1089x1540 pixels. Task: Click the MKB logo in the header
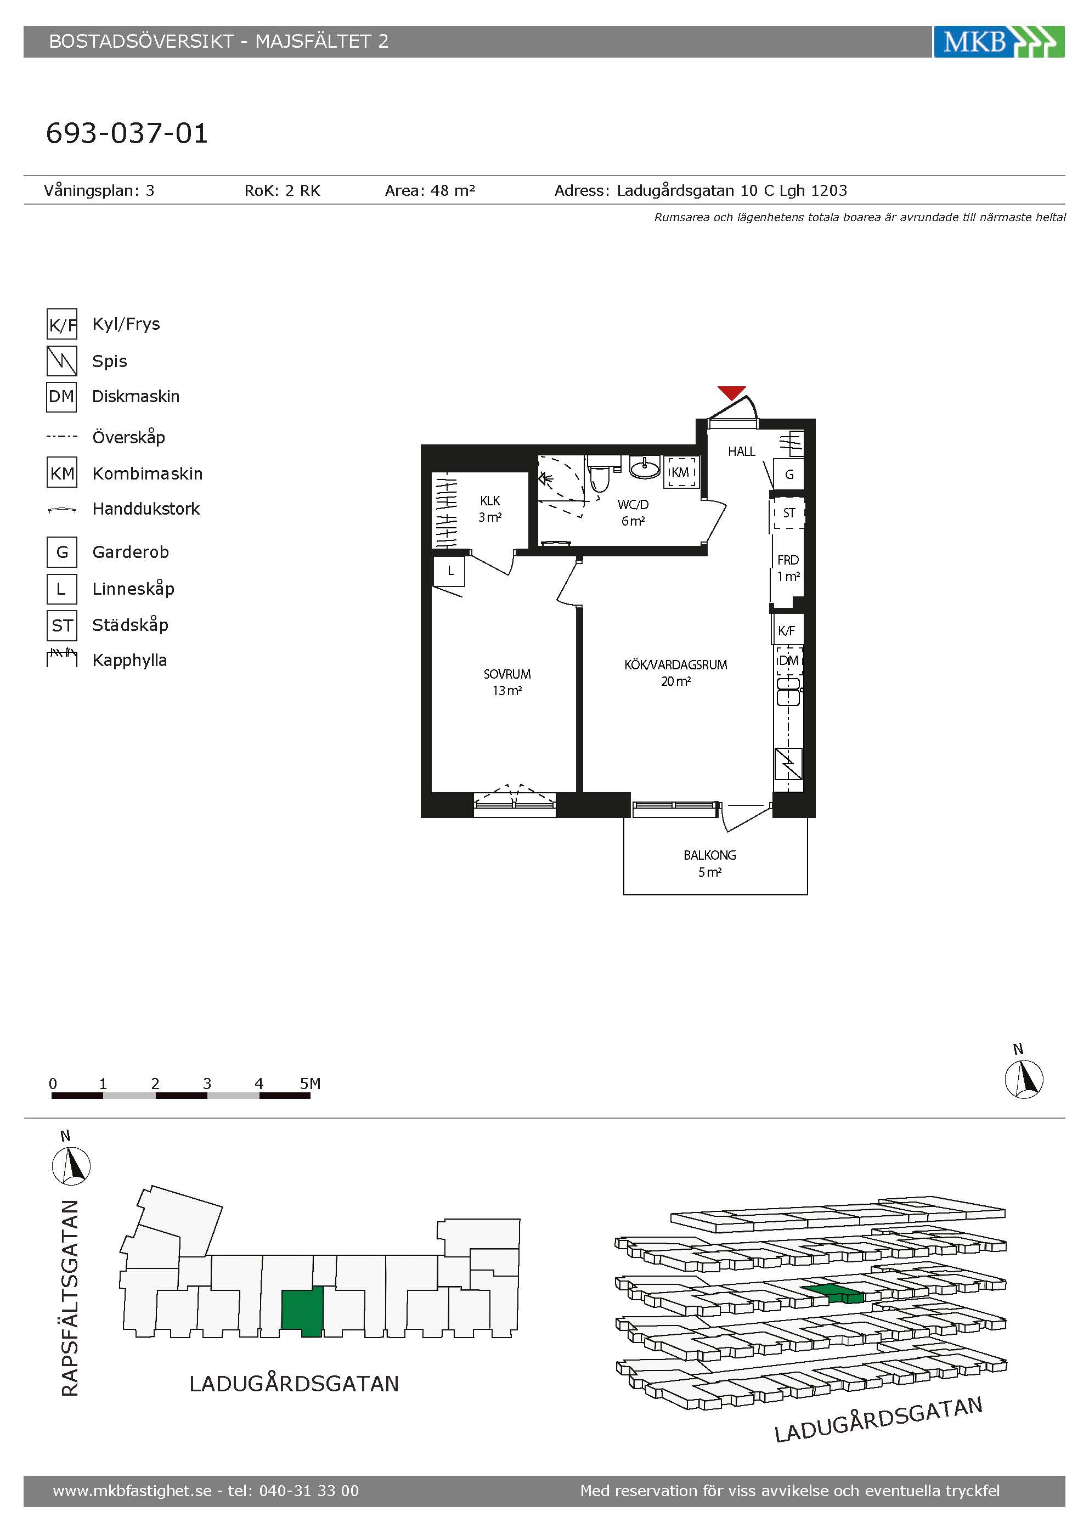pyautogui.click(x=998, y=42)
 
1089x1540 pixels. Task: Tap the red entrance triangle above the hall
pyautogui.click(x=732, y=393)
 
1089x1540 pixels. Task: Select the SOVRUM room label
pyautogui.click(x=507, y=674)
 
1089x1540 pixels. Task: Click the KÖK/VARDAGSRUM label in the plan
pyautogui.click(x=676, y=665)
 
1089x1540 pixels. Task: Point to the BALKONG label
pyautogui.click(x=709, y=855)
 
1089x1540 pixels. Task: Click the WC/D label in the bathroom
pyautogui.click(x=633, y=504)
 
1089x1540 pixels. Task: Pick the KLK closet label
pyautogui.click(x=490, y=500)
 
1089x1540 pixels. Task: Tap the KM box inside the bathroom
pyautogui.click(x=681, y=471)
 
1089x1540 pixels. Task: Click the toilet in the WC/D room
pyautogui.click(x=599, y=473)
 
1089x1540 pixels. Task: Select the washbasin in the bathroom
pyautogui.click(x=645, y=467)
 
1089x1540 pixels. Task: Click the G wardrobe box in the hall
pyautogui.click(x=789, y=474)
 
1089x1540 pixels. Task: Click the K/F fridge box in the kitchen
pyautogui.click(x=787, y=630)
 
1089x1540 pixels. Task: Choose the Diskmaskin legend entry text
pyautogui.click(x=136, y=397)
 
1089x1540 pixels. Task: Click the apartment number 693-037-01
pyautogui.click(x=127, y=133)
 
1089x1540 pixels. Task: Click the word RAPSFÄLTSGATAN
pyautogui.click(x=70, y=1298)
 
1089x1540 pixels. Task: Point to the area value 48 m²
pyautogui.click(x=453, y=190)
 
